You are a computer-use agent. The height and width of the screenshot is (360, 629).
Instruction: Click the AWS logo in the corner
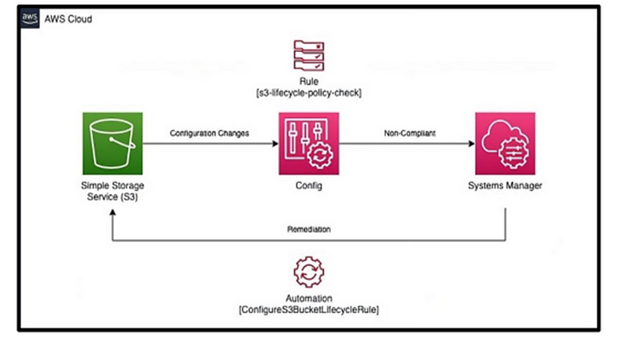tap(30, 18)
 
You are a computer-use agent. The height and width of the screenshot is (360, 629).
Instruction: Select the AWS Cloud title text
tap(68, 19)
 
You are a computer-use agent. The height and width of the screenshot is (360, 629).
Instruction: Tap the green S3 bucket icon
tap(112, 144)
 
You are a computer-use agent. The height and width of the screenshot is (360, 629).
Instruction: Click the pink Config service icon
tap(309, 144)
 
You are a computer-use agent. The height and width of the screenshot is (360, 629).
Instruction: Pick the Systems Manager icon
tap(505, 144)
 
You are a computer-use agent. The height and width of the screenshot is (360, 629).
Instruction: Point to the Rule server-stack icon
tap(309, 55)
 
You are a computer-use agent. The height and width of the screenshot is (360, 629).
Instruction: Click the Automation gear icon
tap(309, 272)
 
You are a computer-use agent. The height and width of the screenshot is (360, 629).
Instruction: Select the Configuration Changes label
tap(209, 133)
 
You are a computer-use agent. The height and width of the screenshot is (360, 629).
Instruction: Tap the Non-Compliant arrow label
tap(410, 133)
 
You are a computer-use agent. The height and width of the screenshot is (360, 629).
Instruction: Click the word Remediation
tap(309, 230)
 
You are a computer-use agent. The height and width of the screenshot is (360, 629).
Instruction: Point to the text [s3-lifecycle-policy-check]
tap(309, 93)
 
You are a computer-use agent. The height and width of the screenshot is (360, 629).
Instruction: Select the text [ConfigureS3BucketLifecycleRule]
tap(309, 310)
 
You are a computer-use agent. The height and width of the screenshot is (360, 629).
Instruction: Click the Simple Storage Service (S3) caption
tap(112, 191)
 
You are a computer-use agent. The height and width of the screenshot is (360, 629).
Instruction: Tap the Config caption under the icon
tap(309, 186)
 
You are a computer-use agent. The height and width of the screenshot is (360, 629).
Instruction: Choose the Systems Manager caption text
tap(505, 186)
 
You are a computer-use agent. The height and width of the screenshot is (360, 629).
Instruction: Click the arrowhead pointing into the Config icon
tap(276, 144)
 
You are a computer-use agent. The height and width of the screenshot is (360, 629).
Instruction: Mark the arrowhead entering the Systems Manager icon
tap(472, 144)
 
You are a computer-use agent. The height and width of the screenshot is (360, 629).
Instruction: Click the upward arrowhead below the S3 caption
tap(112, 212)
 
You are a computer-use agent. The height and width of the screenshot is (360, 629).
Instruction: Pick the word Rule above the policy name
tap(309, 82)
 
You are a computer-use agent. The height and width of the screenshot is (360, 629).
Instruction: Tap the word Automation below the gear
tap(309, 298)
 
